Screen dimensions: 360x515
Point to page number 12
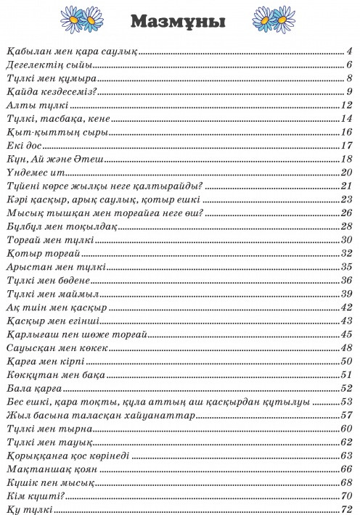[x=346, y=105]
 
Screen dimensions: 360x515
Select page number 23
[x=346, y=199]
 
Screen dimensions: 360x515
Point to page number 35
[x=346, y=266]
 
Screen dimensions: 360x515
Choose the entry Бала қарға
[x=34, y=387]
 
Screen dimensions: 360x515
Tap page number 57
[x=346, y=415]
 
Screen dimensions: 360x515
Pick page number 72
[x=346, y=509]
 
